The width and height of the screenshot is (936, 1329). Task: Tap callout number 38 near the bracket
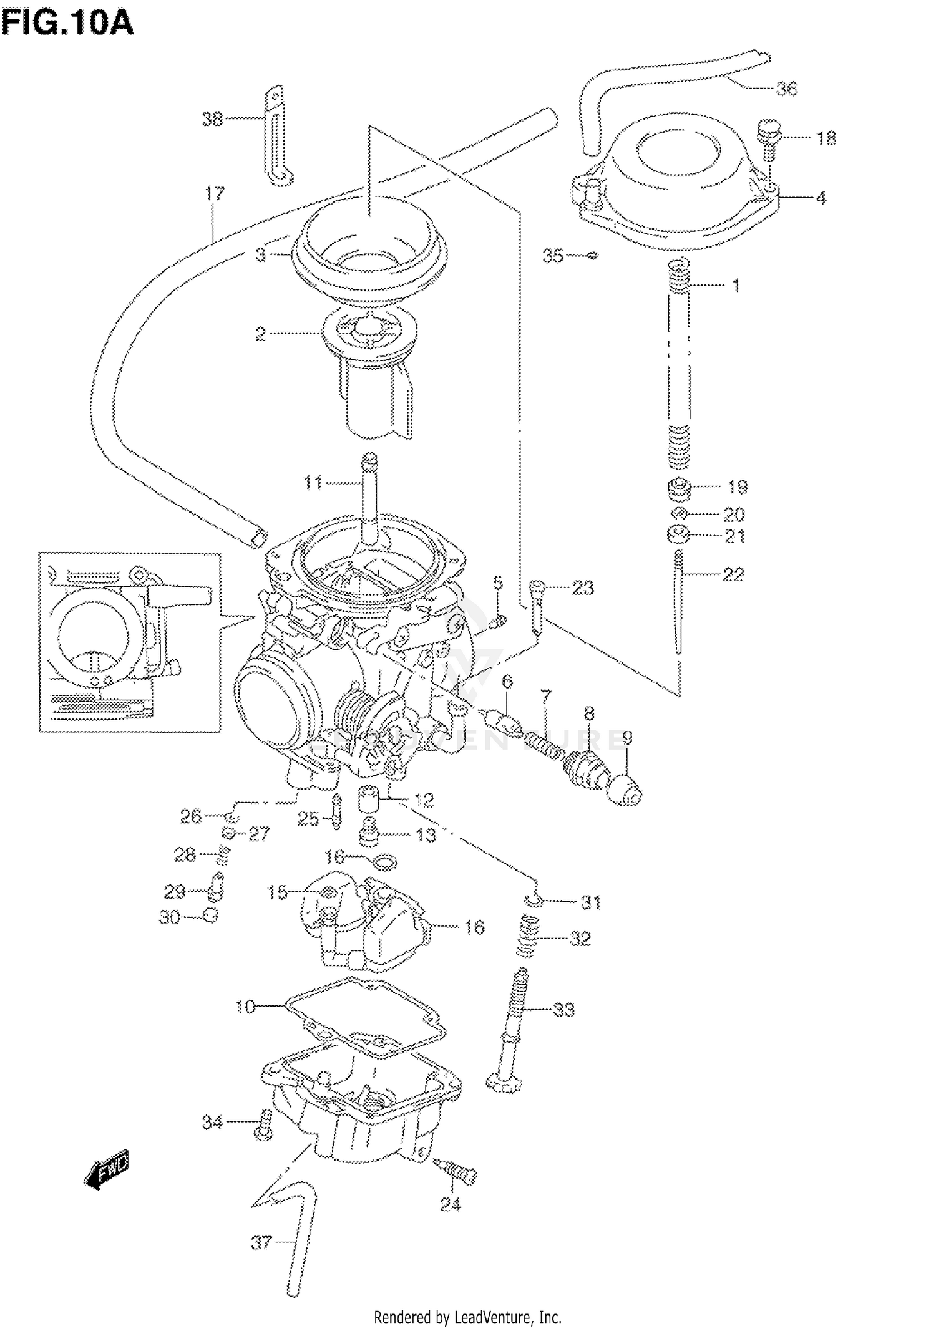point(212,119)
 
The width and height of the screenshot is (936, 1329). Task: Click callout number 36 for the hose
point(786,89)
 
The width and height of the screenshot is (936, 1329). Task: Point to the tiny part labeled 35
point(593,254)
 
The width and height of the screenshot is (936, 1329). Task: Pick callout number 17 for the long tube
point(214,194)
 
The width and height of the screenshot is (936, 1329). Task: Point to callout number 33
point(563,1010)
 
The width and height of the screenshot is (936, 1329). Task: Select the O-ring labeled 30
point(212,917)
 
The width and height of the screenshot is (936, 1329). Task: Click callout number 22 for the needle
point(733,574)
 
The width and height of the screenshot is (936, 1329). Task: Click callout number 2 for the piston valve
point(261,334)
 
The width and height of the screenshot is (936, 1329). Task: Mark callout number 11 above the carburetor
point(313,482)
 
